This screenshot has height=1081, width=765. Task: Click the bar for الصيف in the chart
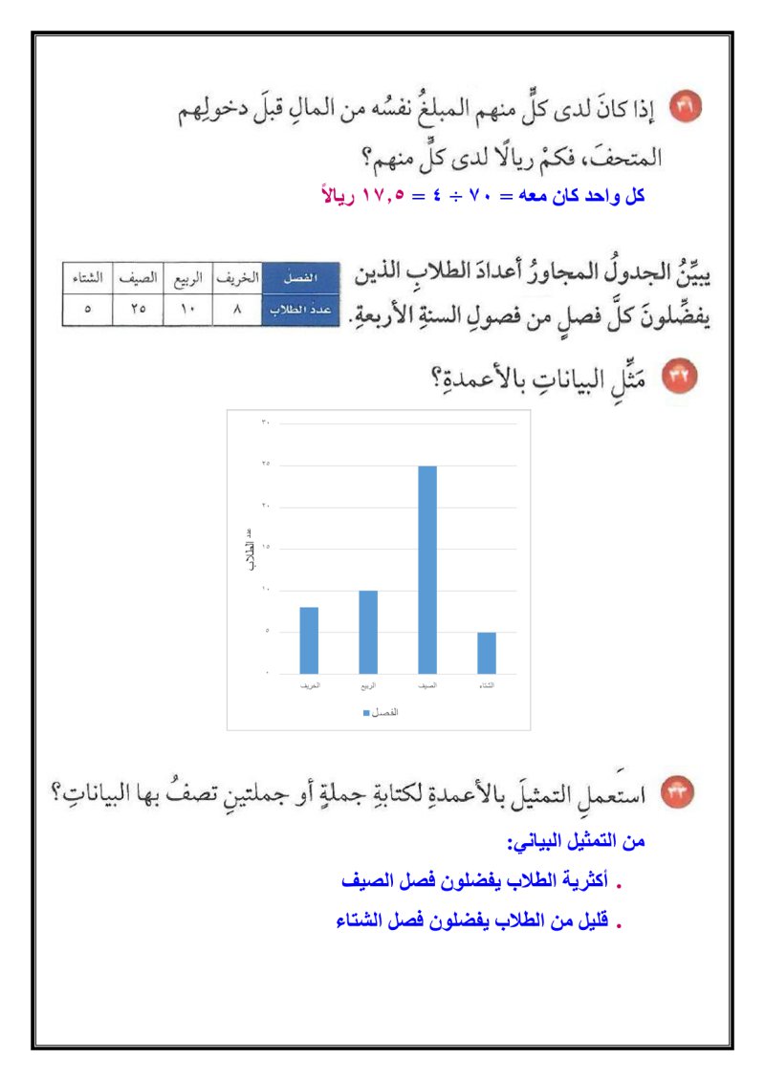(427, 570)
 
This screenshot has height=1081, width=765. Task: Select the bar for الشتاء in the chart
(487, 653)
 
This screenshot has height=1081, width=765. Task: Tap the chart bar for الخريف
(309, 640)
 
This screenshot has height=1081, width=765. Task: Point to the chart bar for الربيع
(368, 632)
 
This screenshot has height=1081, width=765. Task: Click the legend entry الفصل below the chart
(380, 713)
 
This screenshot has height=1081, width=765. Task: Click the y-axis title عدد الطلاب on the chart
(251, 549)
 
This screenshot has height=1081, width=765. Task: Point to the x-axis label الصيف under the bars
(427, 686)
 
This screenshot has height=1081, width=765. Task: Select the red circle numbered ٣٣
(685, 792)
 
